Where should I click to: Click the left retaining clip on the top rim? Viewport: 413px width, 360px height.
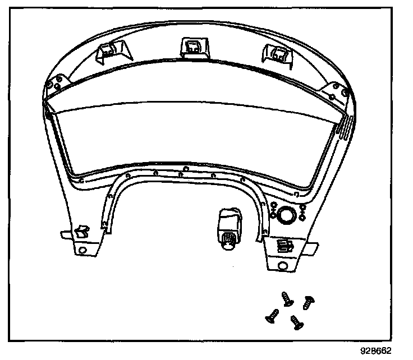[x=108, y=52]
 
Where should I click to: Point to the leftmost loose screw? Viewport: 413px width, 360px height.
[x=272, y=317]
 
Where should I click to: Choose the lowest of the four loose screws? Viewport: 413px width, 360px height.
[x=296, y=322]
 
